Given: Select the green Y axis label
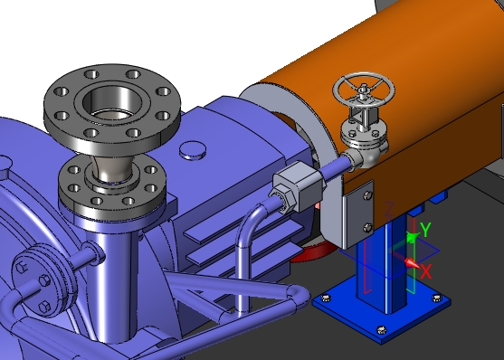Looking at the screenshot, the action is [425, 230].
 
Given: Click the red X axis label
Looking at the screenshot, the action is [425, 272].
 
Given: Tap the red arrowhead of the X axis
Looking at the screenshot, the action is [412, 263].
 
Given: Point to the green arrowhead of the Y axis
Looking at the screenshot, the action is [412, 237].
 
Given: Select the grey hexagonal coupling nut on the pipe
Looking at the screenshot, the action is [297, 187].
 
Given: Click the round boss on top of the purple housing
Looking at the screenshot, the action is [193, 150].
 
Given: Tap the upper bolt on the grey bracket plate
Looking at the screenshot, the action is [367, 194].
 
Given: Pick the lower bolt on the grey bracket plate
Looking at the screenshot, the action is [367, 228].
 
